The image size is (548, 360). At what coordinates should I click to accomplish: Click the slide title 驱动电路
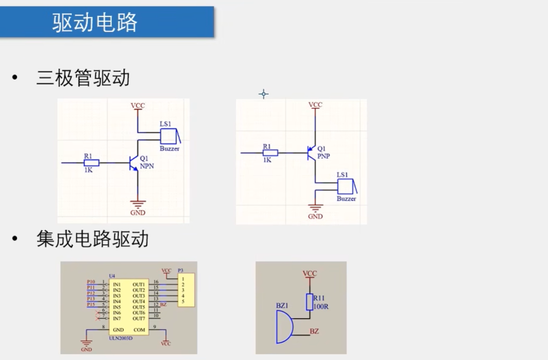pyautogui.click(x=95, y=22)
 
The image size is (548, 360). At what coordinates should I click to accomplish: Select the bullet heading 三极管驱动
pyautogui.click(x=83, y=78)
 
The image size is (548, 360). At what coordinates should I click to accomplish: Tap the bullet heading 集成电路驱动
pyautogui.click(x=93, y=239)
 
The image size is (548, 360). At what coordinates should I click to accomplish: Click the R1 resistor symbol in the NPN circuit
pyautogui.click(x=91, y=162)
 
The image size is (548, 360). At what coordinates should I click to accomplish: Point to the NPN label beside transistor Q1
pyautogui.click(x=147, y=167)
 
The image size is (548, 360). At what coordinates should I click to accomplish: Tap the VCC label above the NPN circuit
pyautogui.click(x=138, y=106)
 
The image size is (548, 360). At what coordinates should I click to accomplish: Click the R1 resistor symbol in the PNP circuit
pyautogui.click(x=270, y=153)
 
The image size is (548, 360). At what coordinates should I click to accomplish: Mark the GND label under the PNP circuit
pyautogui.click(x=315, y=217)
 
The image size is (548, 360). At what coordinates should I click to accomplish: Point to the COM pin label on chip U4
pyautogui.click(x=139, y=329)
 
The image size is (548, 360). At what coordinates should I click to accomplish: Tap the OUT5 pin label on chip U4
pyautogui.click(x=138, y=307)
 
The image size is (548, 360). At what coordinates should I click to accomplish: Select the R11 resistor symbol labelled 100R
pyautogui.click(x=309, y=302)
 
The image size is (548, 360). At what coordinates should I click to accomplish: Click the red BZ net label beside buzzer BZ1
pyautogui.click(x=314, y=331)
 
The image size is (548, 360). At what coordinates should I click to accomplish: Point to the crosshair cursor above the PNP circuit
pyautogui.click(x=263, y=94)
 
